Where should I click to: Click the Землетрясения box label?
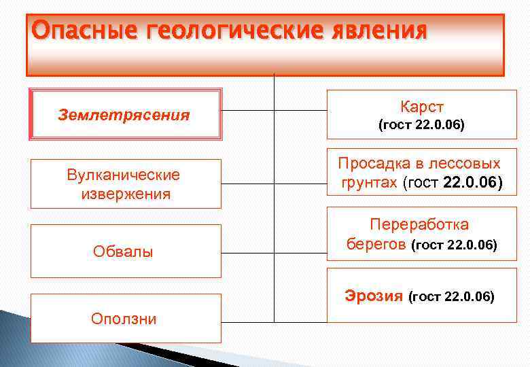[x=124, y=115]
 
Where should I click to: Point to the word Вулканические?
[x=124, y=175]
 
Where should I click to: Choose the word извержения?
[x=126, y=194]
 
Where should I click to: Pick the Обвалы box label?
[x=123, y=252]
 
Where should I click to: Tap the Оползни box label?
[x=124, y=318]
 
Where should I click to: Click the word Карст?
[x=421, y=107]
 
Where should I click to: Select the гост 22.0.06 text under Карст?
[x=421, y=125]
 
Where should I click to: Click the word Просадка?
[x=374, y=164]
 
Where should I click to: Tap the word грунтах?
[x=370, y=182]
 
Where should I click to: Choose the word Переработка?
[x=419, y=224]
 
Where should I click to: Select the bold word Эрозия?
[x=373, y=296]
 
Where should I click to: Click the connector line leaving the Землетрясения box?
[x=248, y=109]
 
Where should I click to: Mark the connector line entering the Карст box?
[x=300, y=109]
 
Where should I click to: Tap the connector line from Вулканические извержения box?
[x=248, y=183]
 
